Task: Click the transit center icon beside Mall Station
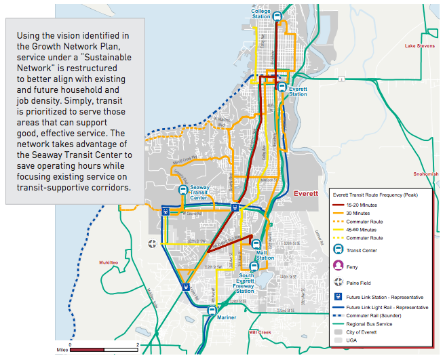tap(256, 244)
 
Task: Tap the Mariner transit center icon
tap(212, 310)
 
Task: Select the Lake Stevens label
tap(419, 47)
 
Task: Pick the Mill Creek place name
tap(260, 332)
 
